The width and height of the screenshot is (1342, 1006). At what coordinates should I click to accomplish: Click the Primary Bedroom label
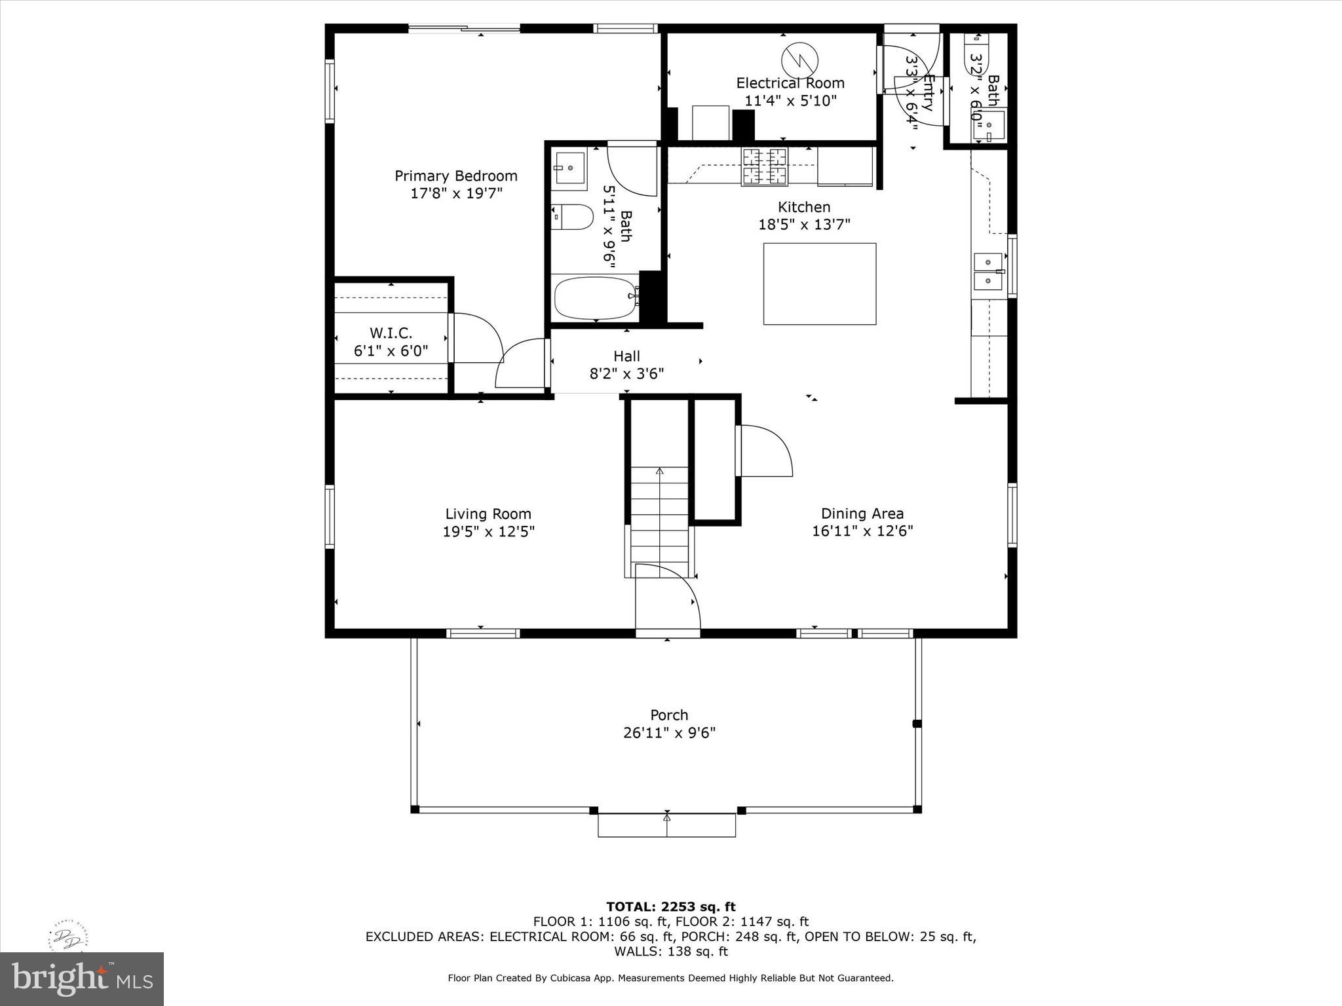[455, 176]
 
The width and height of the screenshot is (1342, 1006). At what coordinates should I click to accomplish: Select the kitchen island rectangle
[819, 284]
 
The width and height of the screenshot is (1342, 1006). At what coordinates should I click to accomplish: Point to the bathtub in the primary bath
[595, 297]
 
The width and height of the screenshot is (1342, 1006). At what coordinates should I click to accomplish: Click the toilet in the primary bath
[573, 217]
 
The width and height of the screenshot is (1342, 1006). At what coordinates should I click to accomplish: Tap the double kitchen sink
[988, 271]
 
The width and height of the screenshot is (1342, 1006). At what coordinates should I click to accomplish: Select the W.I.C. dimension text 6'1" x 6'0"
[391, 351]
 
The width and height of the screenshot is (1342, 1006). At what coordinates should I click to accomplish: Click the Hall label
[626, 356]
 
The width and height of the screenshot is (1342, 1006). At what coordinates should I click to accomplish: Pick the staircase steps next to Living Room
[660, 517]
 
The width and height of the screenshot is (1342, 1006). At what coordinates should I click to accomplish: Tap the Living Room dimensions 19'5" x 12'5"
[488, 532]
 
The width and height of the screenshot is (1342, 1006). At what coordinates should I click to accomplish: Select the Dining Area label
[862, 514]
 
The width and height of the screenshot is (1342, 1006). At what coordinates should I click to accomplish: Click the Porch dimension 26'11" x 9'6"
[669, 733]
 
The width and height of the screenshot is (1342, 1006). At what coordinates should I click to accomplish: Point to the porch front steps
[666, 825]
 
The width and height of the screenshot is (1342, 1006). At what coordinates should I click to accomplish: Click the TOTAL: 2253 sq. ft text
[670, 907]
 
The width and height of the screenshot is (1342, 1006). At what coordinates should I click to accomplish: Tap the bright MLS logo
[82, 978]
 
